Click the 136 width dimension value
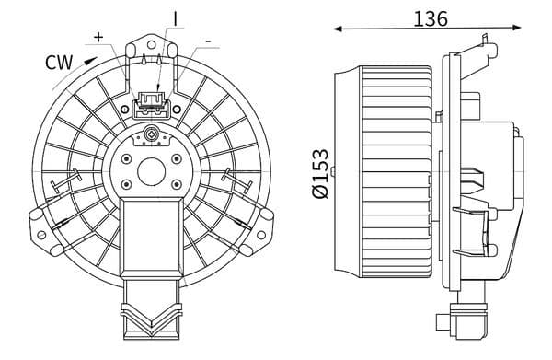coord(431,18)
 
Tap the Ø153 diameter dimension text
coord(320,174)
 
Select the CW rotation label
coord(59,63)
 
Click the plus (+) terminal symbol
coord(99,37)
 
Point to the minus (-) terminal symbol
coord(209,41)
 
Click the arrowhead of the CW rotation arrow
coord(91,61)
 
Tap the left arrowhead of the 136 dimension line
coord(338,29)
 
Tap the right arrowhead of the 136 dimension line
coord(516,28)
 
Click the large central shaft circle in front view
coord(152,171)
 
